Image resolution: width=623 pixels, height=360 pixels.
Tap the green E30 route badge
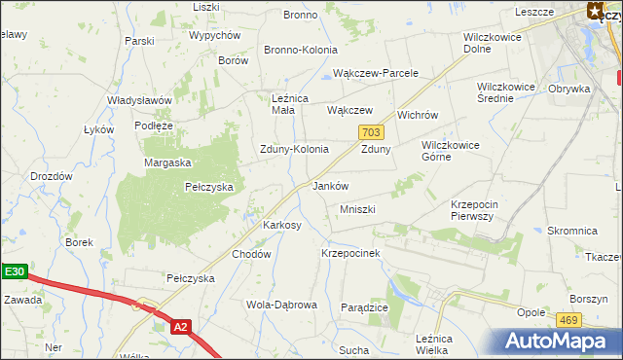point(13,273)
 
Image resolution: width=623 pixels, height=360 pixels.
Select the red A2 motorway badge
point(180,327)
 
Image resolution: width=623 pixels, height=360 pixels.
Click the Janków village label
point(330,186)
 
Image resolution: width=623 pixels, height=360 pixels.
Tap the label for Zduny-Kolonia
point(293,150)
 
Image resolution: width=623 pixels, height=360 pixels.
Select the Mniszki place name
point(357,209)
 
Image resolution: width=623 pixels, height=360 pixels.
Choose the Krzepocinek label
point(350,252)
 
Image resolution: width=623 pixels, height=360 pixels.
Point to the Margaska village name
point(167,162)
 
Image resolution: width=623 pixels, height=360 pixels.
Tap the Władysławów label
point(139,100)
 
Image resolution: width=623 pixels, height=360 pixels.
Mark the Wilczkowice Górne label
point(450,151)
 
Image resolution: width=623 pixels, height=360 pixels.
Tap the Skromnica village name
point(571,231)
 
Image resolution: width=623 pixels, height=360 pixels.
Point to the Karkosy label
point(282,225)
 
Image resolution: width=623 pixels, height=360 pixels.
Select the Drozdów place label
point(52,176)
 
